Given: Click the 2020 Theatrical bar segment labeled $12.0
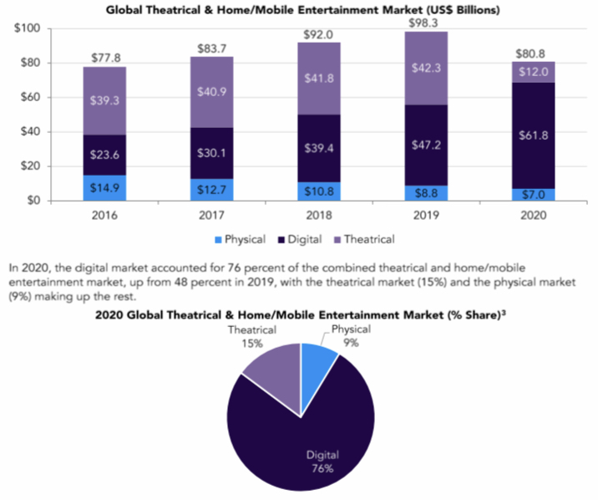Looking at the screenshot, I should click(x=534, y=72).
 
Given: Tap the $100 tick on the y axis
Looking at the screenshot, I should click(x=28, y=29).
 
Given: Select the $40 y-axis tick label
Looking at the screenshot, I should click(x=32, y=132).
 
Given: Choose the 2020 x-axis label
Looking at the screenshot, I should click(x=534, y=215).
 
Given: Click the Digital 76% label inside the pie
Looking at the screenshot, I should click(x=322, y=462).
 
